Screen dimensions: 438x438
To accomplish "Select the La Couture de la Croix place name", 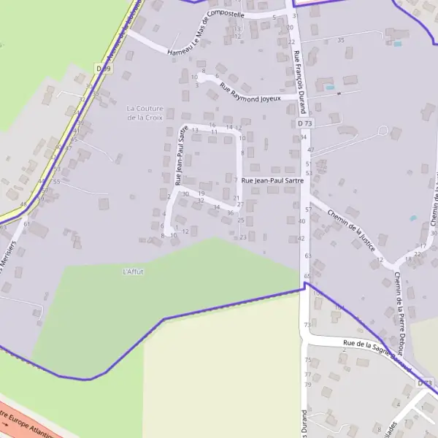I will click(145, 112).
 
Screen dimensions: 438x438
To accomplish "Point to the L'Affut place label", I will click(133, 272).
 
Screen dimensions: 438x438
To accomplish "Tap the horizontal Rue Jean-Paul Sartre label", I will click(272, 180).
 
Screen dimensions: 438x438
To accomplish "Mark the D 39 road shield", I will click(103, 68).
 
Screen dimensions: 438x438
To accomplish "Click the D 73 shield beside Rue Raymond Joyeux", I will click(305, 124).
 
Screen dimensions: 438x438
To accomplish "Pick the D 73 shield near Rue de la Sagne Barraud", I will click(424, 383).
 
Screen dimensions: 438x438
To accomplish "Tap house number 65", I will click(307, 276).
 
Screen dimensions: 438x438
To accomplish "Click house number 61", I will click(26, 224).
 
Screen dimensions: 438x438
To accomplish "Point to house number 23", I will click(243, 237).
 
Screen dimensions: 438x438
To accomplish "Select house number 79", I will click(307, 384).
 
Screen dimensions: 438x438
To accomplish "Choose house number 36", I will click(230, 213).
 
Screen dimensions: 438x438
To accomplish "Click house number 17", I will click(423, 246).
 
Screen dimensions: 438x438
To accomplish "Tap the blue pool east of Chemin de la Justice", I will click(413, 218).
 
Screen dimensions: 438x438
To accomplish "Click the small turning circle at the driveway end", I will click(383, 130).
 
